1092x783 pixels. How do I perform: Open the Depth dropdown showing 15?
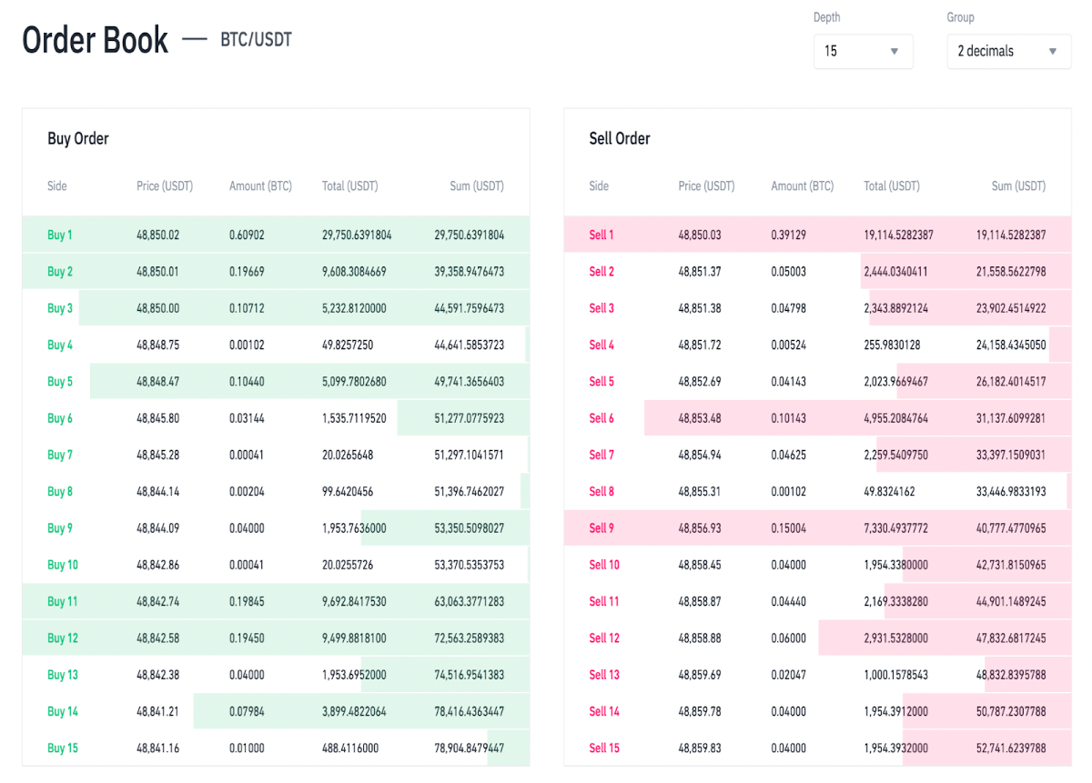pos(863,51)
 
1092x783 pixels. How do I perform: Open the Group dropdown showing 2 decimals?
pos(1008,51)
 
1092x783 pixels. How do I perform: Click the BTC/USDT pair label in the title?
pos(256,39)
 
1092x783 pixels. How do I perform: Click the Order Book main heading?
pos(95,39)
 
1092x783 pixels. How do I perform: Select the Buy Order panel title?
pos(78,138)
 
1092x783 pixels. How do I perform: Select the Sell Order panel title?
pos(620,138)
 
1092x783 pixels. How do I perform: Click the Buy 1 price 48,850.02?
pos(158,235)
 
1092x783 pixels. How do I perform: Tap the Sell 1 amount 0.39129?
pos(788,235)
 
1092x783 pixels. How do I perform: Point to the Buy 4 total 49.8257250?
pos(348,345)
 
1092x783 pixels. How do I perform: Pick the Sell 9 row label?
pos(602,528)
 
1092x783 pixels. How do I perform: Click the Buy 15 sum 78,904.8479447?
pos(469,748)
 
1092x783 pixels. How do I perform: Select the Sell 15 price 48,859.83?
pos(700,748)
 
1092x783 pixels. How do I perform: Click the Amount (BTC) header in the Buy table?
pos(260,186)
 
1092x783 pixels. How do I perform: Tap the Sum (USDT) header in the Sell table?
pos(1018,186)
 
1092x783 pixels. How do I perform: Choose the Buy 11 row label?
pos(63,601)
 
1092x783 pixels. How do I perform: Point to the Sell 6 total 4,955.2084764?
pos(896,418)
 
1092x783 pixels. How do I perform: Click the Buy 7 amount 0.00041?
pos(247,455)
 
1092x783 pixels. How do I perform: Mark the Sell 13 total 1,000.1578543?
pos(896,675)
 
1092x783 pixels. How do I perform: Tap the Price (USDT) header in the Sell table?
pos(706,186)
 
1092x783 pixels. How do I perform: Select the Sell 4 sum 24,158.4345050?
pos(1011,345)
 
